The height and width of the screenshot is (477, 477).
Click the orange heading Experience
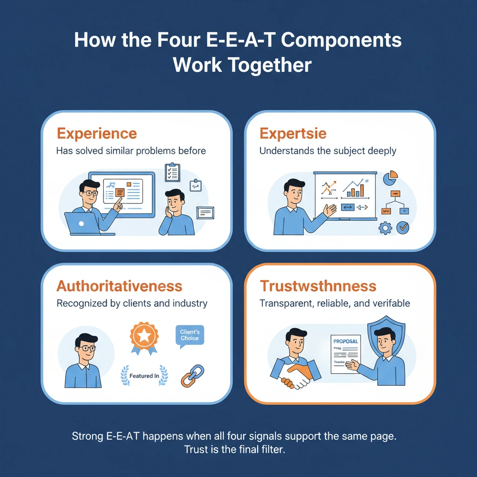[96, 134]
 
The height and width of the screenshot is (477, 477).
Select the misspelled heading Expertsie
[293, 134]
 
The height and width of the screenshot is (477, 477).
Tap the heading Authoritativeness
[119, 286]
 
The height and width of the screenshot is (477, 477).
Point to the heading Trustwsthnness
[318, 286]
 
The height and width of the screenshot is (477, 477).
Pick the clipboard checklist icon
[172, 172]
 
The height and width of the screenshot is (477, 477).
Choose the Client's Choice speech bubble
[190, 336]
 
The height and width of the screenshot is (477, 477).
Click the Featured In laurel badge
[144, 375]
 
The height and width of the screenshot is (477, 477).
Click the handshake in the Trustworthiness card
[296, 373]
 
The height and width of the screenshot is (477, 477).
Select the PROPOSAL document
[345, 354]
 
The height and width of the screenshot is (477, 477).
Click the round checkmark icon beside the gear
[403, 227]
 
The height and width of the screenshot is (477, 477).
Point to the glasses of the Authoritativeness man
[86, 348]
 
